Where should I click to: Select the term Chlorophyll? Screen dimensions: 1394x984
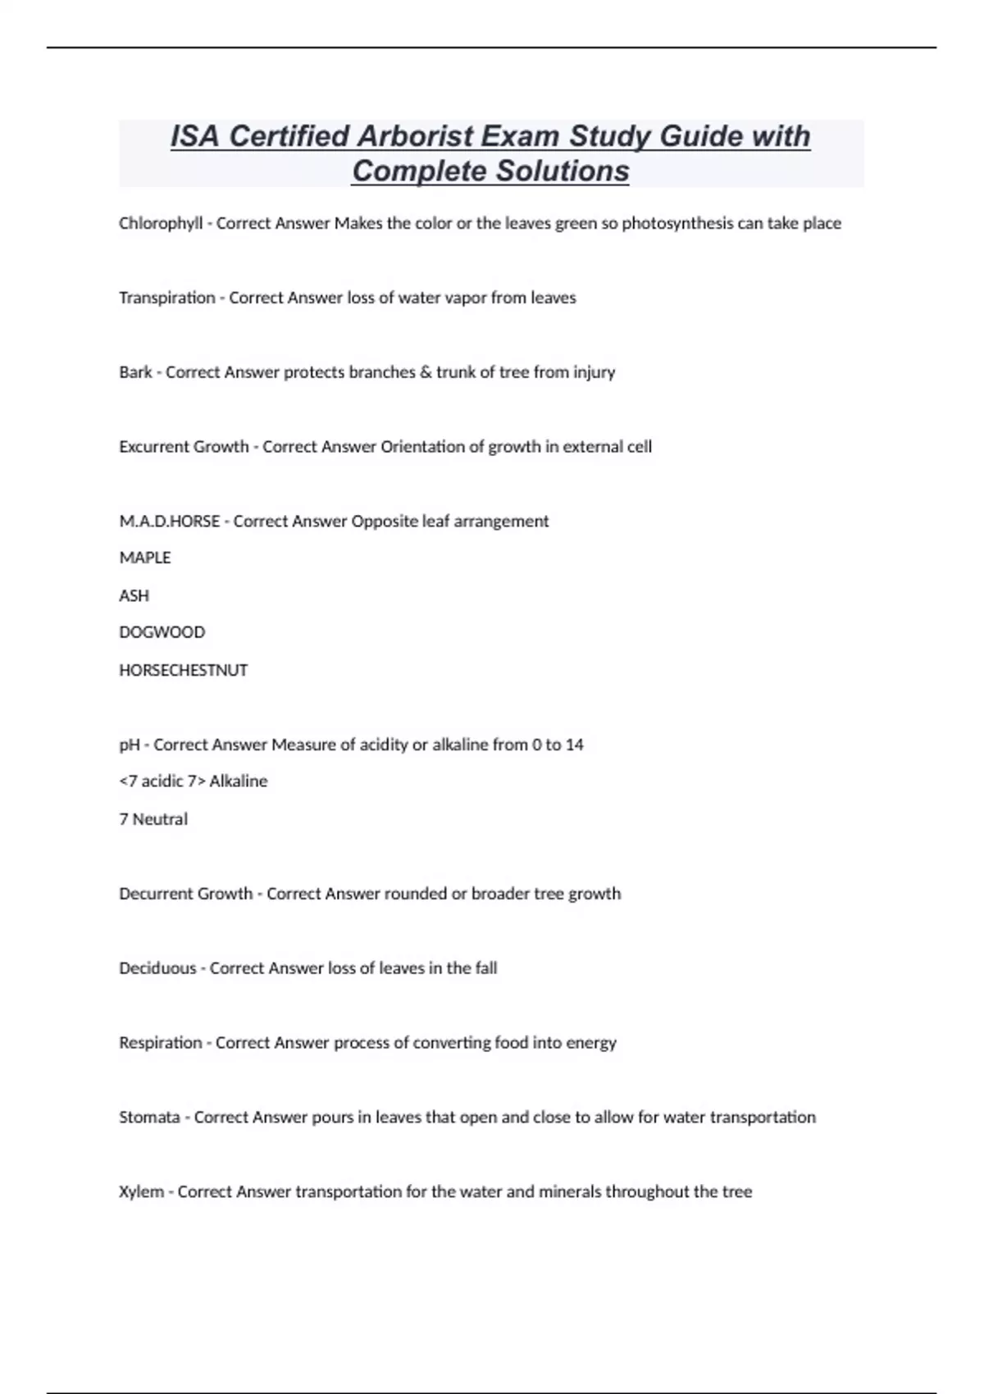[161, 223]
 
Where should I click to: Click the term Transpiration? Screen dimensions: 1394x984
[167, 298]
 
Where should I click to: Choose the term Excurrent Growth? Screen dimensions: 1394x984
[184, 447]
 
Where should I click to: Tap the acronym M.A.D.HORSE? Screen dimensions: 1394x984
[169, 522]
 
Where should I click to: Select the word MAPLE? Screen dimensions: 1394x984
[145, 558]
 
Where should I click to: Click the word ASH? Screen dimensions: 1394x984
[134, 595]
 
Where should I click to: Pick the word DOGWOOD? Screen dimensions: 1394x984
[162, 632]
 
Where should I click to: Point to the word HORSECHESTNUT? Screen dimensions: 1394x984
[184, 670]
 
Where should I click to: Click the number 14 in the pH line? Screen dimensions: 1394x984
[574, 745]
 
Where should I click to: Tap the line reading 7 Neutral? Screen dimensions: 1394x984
[153, 819]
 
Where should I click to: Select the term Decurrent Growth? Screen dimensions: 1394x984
[186, 894]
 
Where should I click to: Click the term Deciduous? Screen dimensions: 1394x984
[157, 968]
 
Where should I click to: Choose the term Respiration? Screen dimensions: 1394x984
[161, 1043]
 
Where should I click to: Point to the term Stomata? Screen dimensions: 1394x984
[149, 1118]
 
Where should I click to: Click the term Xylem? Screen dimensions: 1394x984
[142, 1191]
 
